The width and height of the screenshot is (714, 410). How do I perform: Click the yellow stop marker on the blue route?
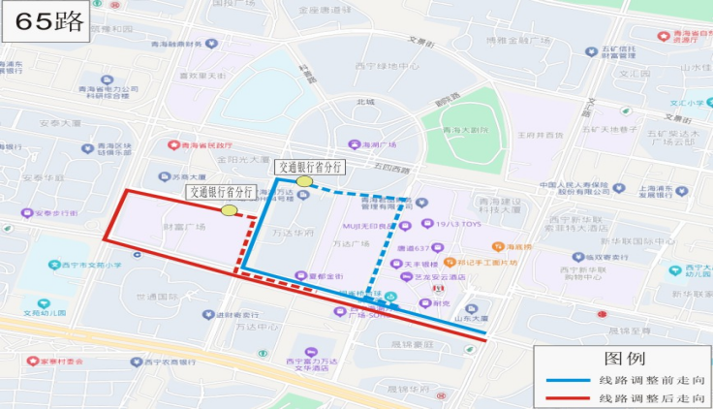[x=304, y=181]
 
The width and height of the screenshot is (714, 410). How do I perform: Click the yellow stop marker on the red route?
[x=230, y=209]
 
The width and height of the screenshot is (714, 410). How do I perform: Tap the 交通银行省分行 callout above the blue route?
[x=310, y=167]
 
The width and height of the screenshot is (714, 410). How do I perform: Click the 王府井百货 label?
[x=541, y=135]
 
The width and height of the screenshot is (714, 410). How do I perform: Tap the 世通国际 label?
[x=155, y=297]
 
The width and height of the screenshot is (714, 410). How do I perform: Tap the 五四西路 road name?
[x=364, y=168]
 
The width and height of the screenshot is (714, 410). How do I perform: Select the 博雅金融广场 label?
[x=519, y=40]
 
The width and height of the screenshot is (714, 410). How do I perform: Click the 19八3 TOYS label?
[x=457, y=224]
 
